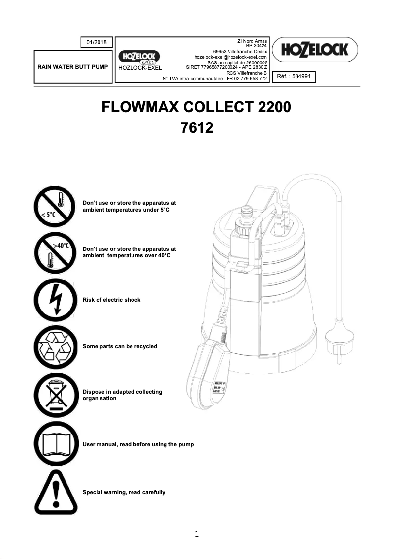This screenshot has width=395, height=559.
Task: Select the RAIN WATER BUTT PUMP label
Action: pyautogui.click(x=72, y=65)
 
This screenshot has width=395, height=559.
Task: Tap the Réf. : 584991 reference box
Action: pyautogui.click(x=294, y=77)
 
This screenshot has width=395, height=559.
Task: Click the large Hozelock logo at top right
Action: pyautogui.click(x=315, y=49)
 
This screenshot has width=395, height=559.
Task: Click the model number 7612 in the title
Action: pyautogui.click(x=197, y=128)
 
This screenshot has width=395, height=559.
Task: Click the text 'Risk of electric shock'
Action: pyautogui.click(x=111, y=300)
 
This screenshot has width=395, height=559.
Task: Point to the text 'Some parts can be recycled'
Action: pyautogui.click(x=120, y=346)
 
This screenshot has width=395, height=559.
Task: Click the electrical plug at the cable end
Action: pyautogui.click(x=338, y=340)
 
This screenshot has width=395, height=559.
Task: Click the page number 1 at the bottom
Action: pyautogui.click(x=197, y=534)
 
